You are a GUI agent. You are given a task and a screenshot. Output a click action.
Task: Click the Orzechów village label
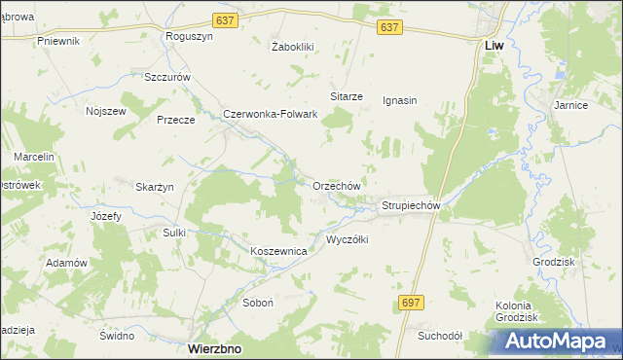(337, 185)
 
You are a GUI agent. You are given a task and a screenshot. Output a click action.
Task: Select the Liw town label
(494, 45)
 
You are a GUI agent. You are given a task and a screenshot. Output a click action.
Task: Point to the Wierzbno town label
(214, 347)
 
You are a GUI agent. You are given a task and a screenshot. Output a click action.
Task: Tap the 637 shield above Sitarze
(389, 28)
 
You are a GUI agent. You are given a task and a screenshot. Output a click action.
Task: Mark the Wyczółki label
(347, 239)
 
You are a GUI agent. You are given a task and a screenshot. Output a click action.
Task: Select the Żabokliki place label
(290, 46)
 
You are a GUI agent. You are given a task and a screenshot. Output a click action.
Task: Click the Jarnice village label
(570, 105)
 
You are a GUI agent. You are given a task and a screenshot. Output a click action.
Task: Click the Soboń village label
(258, 303)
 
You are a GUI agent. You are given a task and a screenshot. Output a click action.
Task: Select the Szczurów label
(166, 77)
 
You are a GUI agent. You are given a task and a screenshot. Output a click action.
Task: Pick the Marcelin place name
(33, 157)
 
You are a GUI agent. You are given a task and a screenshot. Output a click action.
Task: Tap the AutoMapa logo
(556, 342)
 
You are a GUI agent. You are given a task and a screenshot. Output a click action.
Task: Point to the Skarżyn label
(154, 187)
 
